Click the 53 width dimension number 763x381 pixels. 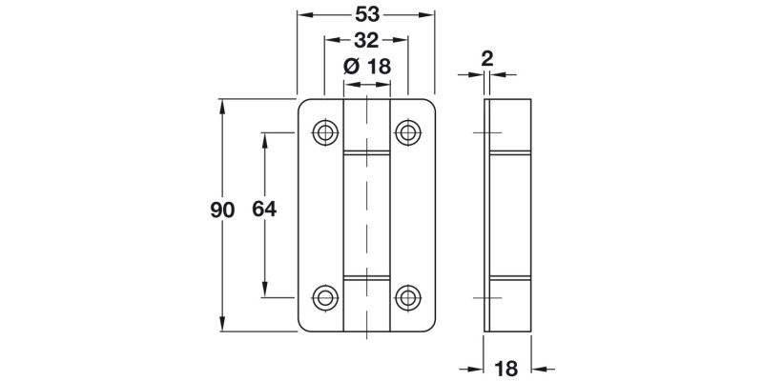366,14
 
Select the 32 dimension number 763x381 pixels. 366,40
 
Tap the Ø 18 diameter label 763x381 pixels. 366,66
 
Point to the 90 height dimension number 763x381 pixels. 222,211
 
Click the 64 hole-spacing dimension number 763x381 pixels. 264,211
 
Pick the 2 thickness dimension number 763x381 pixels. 486,58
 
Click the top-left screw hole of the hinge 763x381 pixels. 325,130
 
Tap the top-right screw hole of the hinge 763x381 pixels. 408,130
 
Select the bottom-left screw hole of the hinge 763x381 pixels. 325,296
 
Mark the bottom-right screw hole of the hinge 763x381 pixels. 408,296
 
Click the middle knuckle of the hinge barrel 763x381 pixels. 366,213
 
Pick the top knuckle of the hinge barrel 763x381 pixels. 366,124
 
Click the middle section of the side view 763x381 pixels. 508,213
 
